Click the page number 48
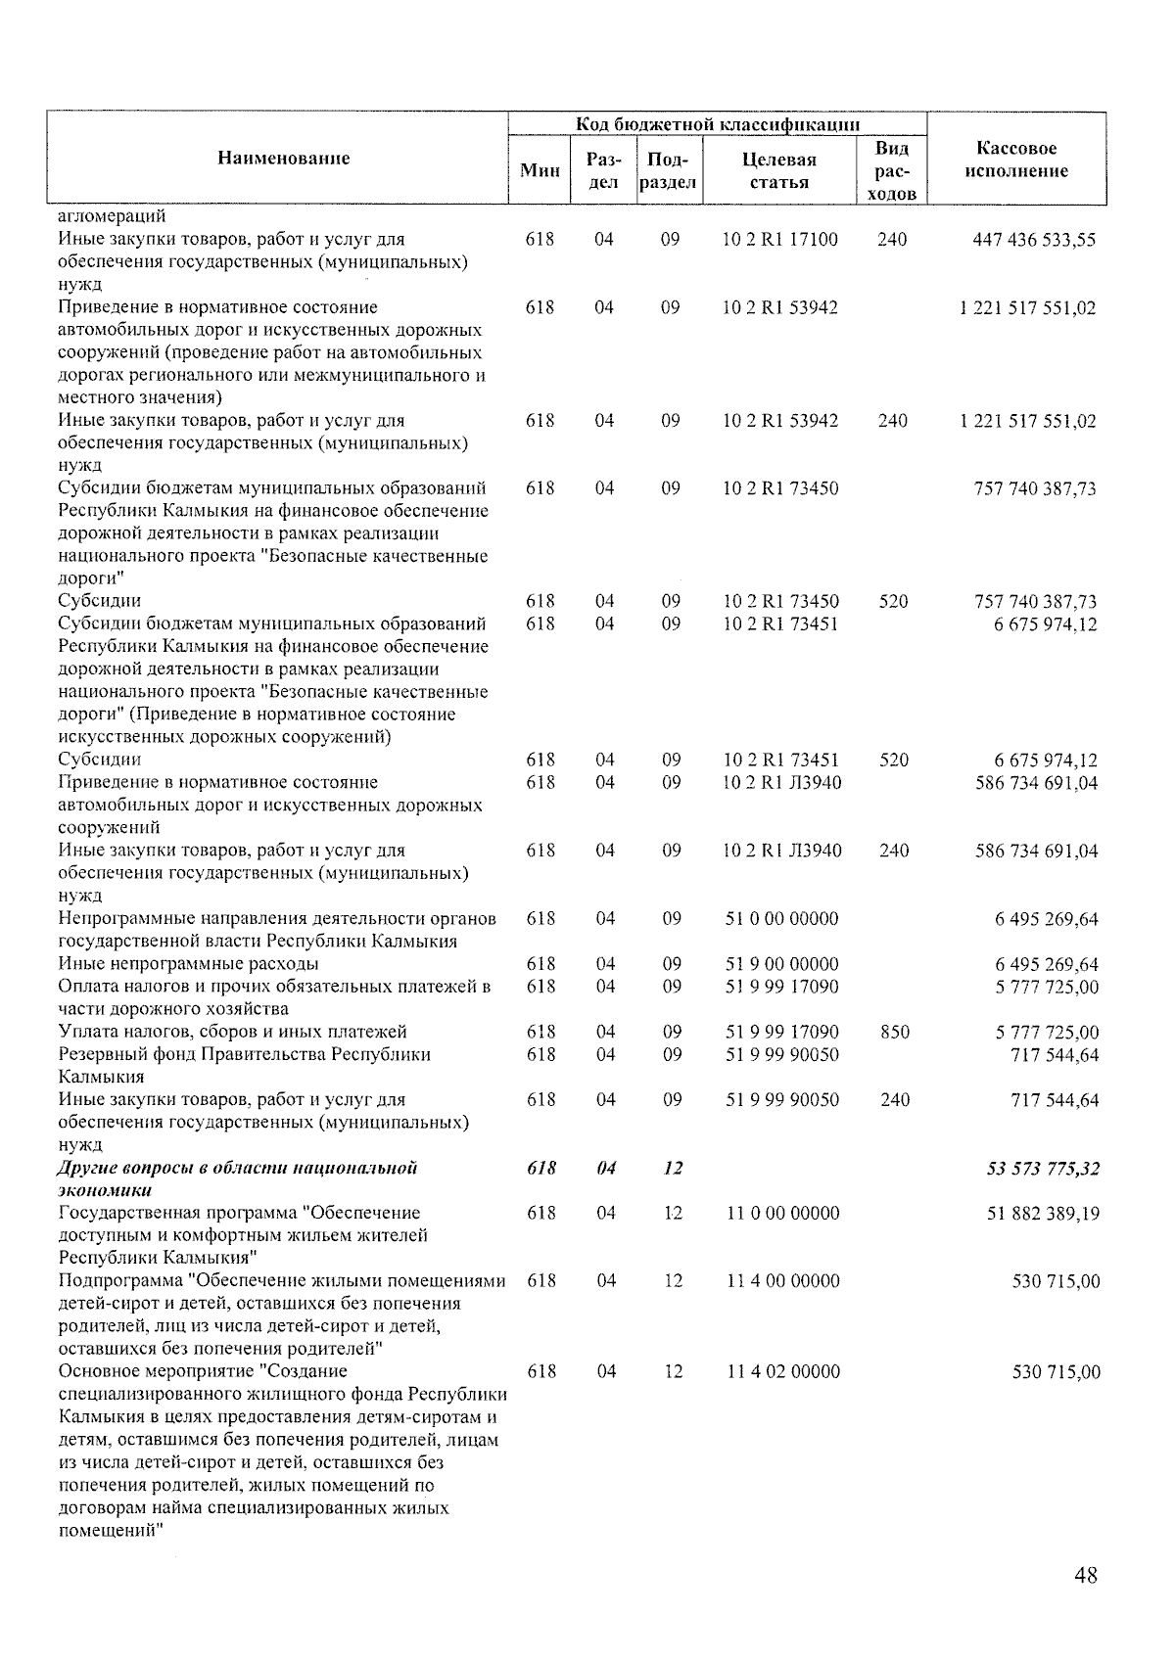pos(1085,1575)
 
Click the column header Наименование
pos(283,159)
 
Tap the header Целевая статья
pos(779,171)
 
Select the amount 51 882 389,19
pos(1043,1214)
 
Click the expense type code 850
pos(893,1032)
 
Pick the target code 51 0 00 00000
pos(781,919)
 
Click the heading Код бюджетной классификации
pos(717,124)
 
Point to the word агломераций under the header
pos(112,216)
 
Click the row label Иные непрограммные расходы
pos(188,964)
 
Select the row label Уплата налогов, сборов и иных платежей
pos(232,1032)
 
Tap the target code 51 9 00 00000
pos(781,964)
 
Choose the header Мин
pos(540,171)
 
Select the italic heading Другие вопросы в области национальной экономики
pos(237,1178)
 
